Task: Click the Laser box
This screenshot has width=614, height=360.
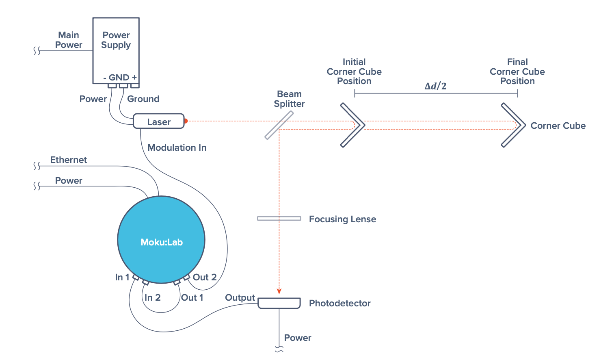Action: tap(159, 121)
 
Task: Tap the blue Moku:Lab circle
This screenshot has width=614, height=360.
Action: tap(161, 240)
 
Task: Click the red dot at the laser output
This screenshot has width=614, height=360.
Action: tap(186, 121)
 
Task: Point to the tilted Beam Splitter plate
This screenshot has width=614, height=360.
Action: tap(279, 125)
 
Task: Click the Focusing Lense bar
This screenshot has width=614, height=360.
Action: tap(279, 219)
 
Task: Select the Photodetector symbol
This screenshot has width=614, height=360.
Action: tap(279, 303)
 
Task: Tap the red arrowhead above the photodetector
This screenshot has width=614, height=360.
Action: tap(279, 291)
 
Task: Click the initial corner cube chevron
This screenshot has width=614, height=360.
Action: tap(352, 125)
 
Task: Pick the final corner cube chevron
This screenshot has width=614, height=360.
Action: tap(513, 125)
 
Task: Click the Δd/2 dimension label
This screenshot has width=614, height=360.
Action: tap(435, 86)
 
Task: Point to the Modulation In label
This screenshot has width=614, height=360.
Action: tap(177, 147)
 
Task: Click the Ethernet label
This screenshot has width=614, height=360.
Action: tap(68, 160)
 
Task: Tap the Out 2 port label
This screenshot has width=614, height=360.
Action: tap(204, 277)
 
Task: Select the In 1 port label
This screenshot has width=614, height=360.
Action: tap(122, 277)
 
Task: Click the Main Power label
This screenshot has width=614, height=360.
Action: tap(69, 40)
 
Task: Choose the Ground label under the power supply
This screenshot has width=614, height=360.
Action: tap(143, 99)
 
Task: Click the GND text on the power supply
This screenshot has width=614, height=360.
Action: tap(119, 77)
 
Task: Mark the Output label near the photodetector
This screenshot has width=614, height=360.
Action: tap(240, 297)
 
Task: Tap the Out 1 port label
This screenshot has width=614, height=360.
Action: tap(192, 297)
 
